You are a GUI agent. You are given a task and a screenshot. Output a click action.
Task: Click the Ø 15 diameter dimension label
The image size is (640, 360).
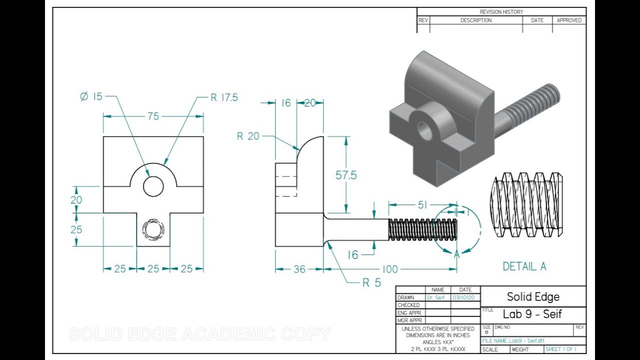(91, 96)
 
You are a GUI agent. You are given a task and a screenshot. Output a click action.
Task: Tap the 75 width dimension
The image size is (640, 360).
(153, 116)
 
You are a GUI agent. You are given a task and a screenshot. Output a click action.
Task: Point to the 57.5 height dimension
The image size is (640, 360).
(346, 175)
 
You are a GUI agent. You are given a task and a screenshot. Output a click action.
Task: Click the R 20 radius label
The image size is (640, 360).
(248, 136)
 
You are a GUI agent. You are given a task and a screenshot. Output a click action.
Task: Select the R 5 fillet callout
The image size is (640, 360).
(371, 282)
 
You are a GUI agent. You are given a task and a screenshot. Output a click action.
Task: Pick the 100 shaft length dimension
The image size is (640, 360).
(390, 269)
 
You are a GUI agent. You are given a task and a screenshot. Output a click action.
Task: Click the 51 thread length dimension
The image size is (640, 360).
(422, 205)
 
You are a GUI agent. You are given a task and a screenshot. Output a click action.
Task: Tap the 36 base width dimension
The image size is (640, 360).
(299, 269)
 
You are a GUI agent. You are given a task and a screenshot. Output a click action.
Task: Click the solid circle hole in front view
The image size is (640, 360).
(153, 186)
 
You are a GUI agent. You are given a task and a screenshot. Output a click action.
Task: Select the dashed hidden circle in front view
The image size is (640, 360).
(153, 229)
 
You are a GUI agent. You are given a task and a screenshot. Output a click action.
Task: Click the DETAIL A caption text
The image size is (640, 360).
(524, 266)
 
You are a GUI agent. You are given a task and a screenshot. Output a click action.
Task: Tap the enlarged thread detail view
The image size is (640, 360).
(526, 205)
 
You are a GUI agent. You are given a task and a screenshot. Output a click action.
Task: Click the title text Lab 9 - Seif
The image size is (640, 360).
(532, 314)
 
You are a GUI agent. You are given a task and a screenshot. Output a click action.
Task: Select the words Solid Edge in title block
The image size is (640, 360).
(533, 296)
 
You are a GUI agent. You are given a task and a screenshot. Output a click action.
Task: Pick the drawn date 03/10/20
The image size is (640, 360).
(463, 297)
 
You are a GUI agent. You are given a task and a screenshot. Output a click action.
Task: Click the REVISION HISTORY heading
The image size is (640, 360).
(501, 12)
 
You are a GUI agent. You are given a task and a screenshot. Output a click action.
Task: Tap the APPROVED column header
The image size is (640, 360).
(569, 20)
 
